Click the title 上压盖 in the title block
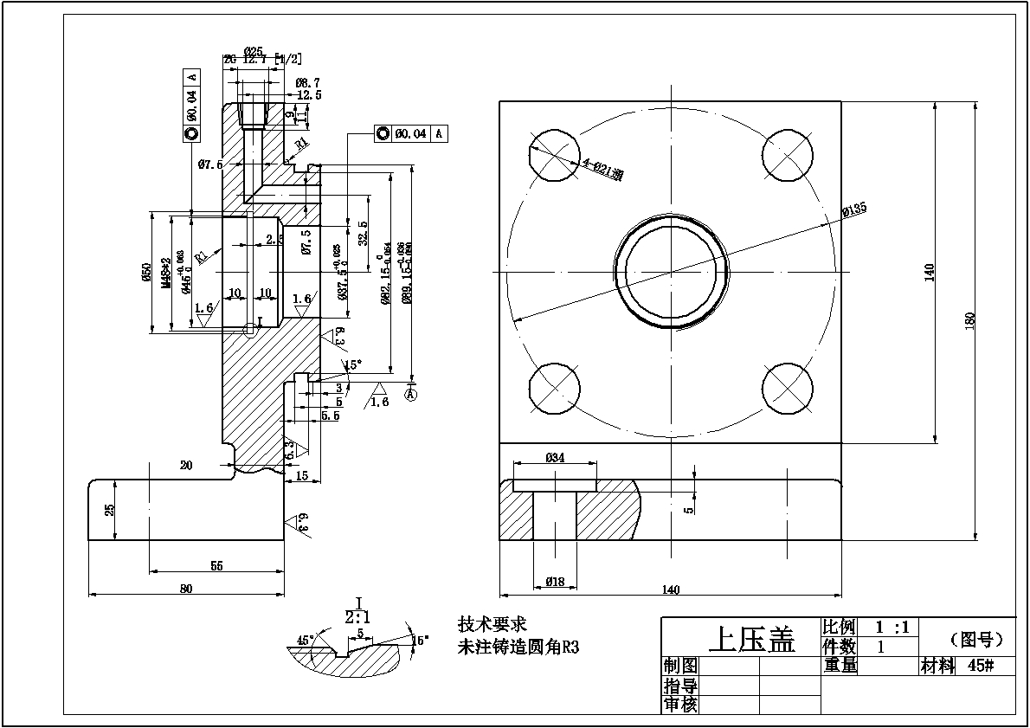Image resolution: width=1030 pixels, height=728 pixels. [751, 640]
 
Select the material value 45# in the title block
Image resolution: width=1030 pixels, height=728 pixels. [980, 666]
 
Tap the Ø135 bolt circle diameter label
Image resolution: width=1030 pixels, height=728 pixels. [853, 210]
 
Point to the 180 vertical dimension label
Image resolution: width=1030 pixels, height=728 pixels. [969, 319]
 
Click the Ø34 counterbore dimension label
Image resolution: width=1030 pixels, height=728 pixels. [555, 458]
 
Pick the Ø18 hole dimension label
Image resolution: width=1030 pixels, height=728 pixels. [555, 582]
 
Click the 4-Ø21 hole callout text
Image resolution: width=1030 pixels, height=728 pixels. [602, 168]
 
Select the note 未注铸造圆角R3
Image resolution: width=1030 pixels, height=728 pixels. [518, 647]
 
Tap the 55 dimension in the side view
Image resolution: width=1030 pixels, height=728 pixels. [216, 565]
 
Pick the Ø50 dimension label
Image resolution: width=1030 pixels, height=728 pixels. [146, 273]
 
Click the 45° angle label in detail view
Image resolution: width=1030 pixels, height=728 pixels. [305, 641]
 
